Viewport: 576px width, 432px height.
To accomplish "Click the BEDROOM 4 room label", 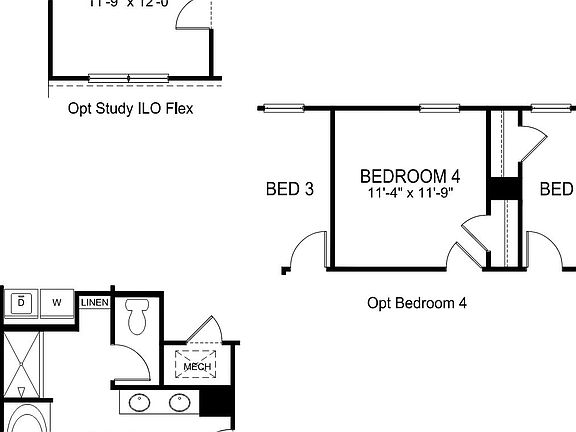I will point(410,176).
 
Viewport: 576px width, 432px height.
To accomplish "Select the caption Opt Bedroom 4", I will point(417,302).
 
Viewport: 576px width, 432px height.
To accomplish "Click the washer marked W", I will point(58,302).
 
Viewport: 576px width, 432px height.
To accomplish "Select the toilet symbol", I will point(138,317).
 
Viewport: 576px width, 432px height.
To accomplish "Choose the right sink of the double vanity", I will point(180,403).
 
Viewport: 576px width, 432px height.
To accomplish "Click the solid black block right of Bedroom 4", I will point(502,189).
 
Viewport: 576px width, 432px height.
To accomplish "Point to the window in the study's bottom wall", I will point(129,77).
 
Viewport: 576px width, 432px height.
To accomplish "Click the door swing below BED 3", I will point(305,252).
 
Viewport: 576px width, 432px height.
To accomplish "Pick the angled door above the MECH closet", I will point(207,330).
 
